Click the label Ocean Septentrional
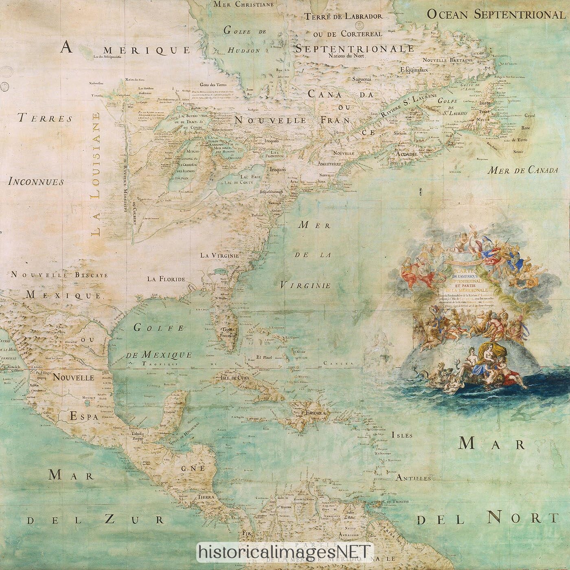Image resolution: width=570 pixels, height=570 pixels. (496, 15)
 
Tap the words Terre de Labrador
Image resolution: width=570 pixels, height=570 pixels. (344, 17)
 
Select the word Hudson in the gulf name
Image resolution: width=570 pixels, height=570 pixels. (243, 50)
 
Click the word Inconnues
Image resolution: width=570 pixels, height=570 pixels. (36, 182)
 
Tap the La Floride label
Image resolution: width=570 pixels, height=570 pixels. (166, 279)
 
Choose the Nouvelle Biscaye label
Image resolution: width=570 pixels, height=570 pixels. (59, 275)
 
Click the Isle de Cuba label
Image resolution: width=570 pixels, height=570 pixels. (235, 378)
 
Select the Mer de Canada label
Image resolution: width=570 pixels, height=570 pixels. (524, 170)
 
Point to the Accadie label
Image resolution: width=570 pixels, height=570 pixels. (406, 155)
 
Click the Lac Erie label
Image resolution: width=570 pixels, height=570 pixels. (250, 177)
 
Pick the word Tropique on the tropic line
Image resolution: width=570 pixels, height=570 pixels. (160, 364)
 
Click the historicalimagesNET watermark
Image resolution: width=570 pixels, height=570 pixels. (285, 552)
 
